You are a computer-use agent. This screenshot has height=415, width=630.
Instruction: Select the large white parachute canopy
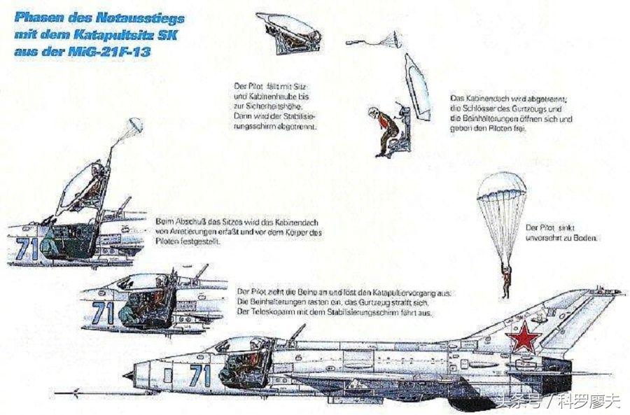pos(500,195)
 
